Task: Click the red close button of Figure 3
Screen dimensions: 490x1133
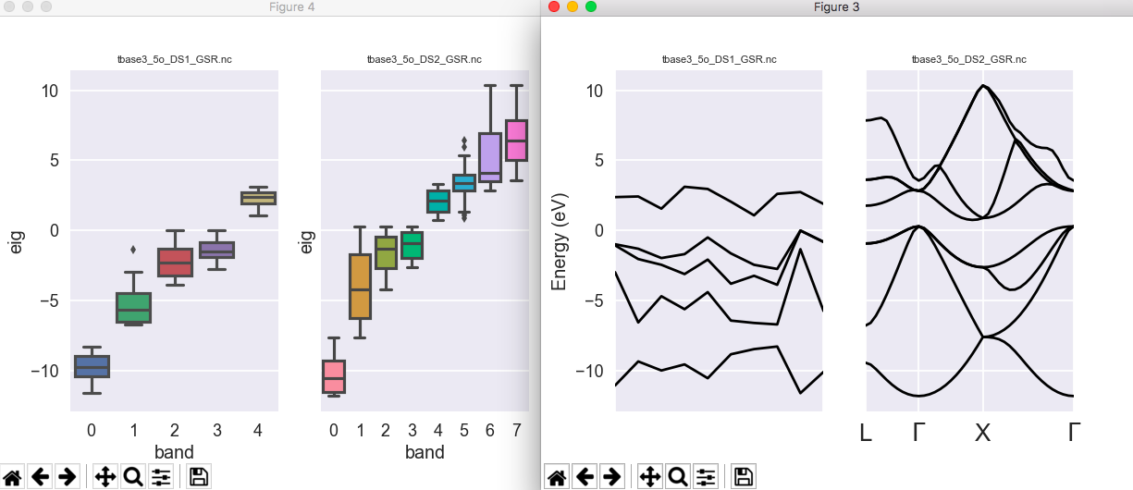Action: pos(554,6)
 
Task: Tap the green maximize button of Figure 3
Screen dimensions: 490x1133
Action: pos(591,6)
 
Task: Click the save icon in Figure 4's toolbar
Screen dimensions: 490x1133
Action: pos(198,477)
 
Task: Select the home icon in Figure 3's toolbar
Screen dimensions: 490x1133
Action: pos(557,477)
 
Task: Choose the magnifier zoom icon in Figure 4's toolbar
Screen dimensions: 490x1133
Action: pos(133,477)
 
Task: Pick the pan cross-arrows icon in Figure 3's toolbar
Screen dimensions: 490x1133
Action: pos(649,477)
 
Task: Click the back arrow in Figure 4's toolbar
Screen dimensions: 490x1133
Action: pos(40,477)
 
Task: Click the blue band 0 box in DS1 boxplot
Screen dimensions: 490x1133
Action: pos(92,366)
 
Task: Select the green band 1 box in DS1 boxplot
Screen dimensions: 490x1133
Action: pos(133,308)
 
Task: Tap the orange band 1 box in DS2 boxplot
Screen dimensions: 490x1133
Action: pos(360,287)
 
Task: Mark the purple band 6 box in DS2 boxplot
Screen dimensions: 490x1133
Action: pos(490,157)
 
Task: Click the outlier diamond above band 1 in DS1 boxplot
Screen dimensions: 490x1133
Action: pos(133,249)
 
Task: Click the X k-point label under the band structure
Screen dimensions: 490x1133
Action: pos(982,432)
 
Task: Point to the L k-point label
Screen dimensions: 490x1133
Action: pos(866,432)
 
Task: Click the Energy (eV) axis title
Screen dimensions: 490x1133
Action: pos(559,240)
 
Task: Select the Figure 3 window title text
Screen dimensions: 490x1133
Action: pos(836,7)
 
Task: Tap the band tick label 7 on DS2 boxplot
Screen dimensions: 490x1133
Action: pos(516,430)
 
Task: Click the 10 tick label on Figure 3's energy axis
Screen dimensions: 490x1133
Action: pos(594,91)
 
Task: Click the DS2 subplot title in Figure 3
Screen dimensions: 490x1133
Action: pos(968,59)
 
